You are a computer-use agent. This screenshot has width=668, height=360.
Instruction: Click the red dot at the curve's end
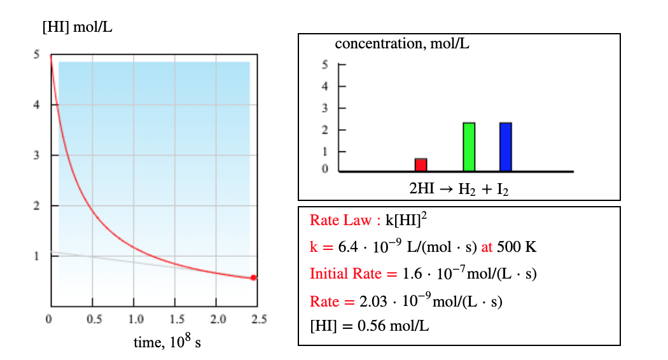coord(253,277)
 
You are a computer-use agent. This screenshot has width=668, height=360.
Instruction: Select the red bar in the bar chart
coord(421,165)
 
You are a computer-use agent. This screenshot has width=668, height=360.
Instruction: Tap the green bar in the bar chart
coord(469,147)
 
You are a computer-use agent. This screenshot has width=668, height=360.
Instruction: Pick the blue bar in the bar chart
coord(506,147)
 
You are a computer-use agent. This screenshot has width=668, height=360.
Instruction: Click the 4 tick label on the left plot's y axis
coord(37,105)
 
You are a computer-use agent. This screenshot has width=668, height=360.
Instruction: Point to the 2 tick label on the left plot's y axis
coord(37,206)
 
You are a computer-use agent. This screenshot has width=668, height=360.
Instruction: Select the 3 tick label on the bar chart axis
coord(324,108)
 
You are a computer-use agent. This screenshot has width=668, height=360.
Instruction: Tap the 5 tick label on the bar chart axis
coord(324,65)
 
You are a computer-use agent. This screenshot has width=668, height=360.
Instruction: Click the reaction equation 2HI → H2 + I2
coord(458,189)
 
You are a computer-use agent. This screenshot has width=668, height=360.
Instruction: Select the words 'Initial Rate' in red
coord(344,274)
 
